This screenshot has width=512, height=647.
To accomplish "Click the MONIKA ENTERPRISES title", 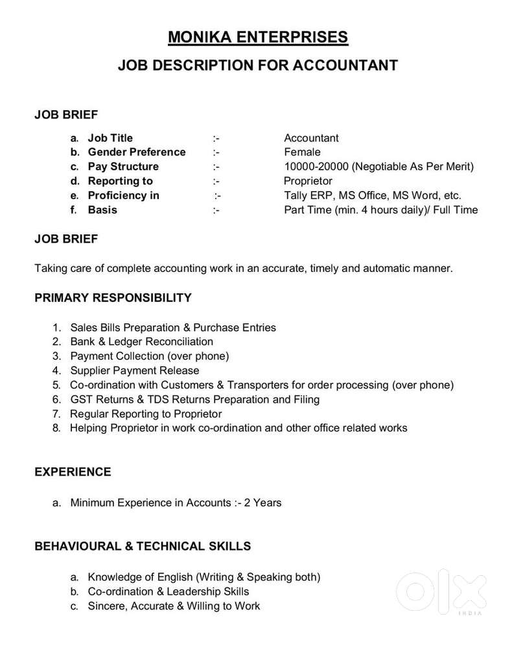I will tap(257, 37).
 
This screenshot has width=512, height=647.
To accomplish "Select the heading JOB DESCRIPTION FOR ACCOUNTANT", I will tap(257, 65).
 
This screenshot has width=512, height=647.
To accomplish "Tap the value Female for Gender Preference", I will tap(302, 152).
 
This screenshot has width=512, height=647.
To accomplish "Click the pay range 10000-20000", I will tap(316, 166).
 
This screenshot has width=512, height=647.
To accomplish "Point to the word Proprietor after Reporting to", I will tap(308, 181).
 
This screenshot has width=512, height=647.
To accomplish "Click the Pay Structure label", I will tap(123, 166).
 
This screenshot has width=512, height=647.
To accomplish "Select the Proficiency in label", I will tap(123, 196).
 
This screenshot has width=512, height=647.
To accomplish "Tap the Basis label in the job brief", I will tap(102, 210).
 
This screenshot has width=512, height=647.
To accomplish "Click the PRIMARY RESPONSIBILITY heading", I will tap(113, 298).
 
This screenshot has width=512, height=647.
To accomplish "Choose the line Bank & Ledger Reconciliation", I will tap(141, 341).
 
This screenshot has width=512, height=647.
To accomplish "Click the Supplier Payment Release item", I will tap(135, 370).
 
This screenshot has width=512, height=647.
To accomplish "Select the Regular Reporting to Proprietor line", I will tap(146, 414).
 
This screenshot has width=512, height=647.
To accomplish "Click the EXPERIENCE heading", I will tap(73, 472).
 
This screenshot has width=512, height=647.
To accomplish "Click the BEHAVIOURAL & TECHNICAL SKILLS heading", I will tap(143, 546).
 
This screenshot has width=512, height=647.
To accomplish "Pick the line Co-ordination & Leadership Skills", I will tap(169, 591).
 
